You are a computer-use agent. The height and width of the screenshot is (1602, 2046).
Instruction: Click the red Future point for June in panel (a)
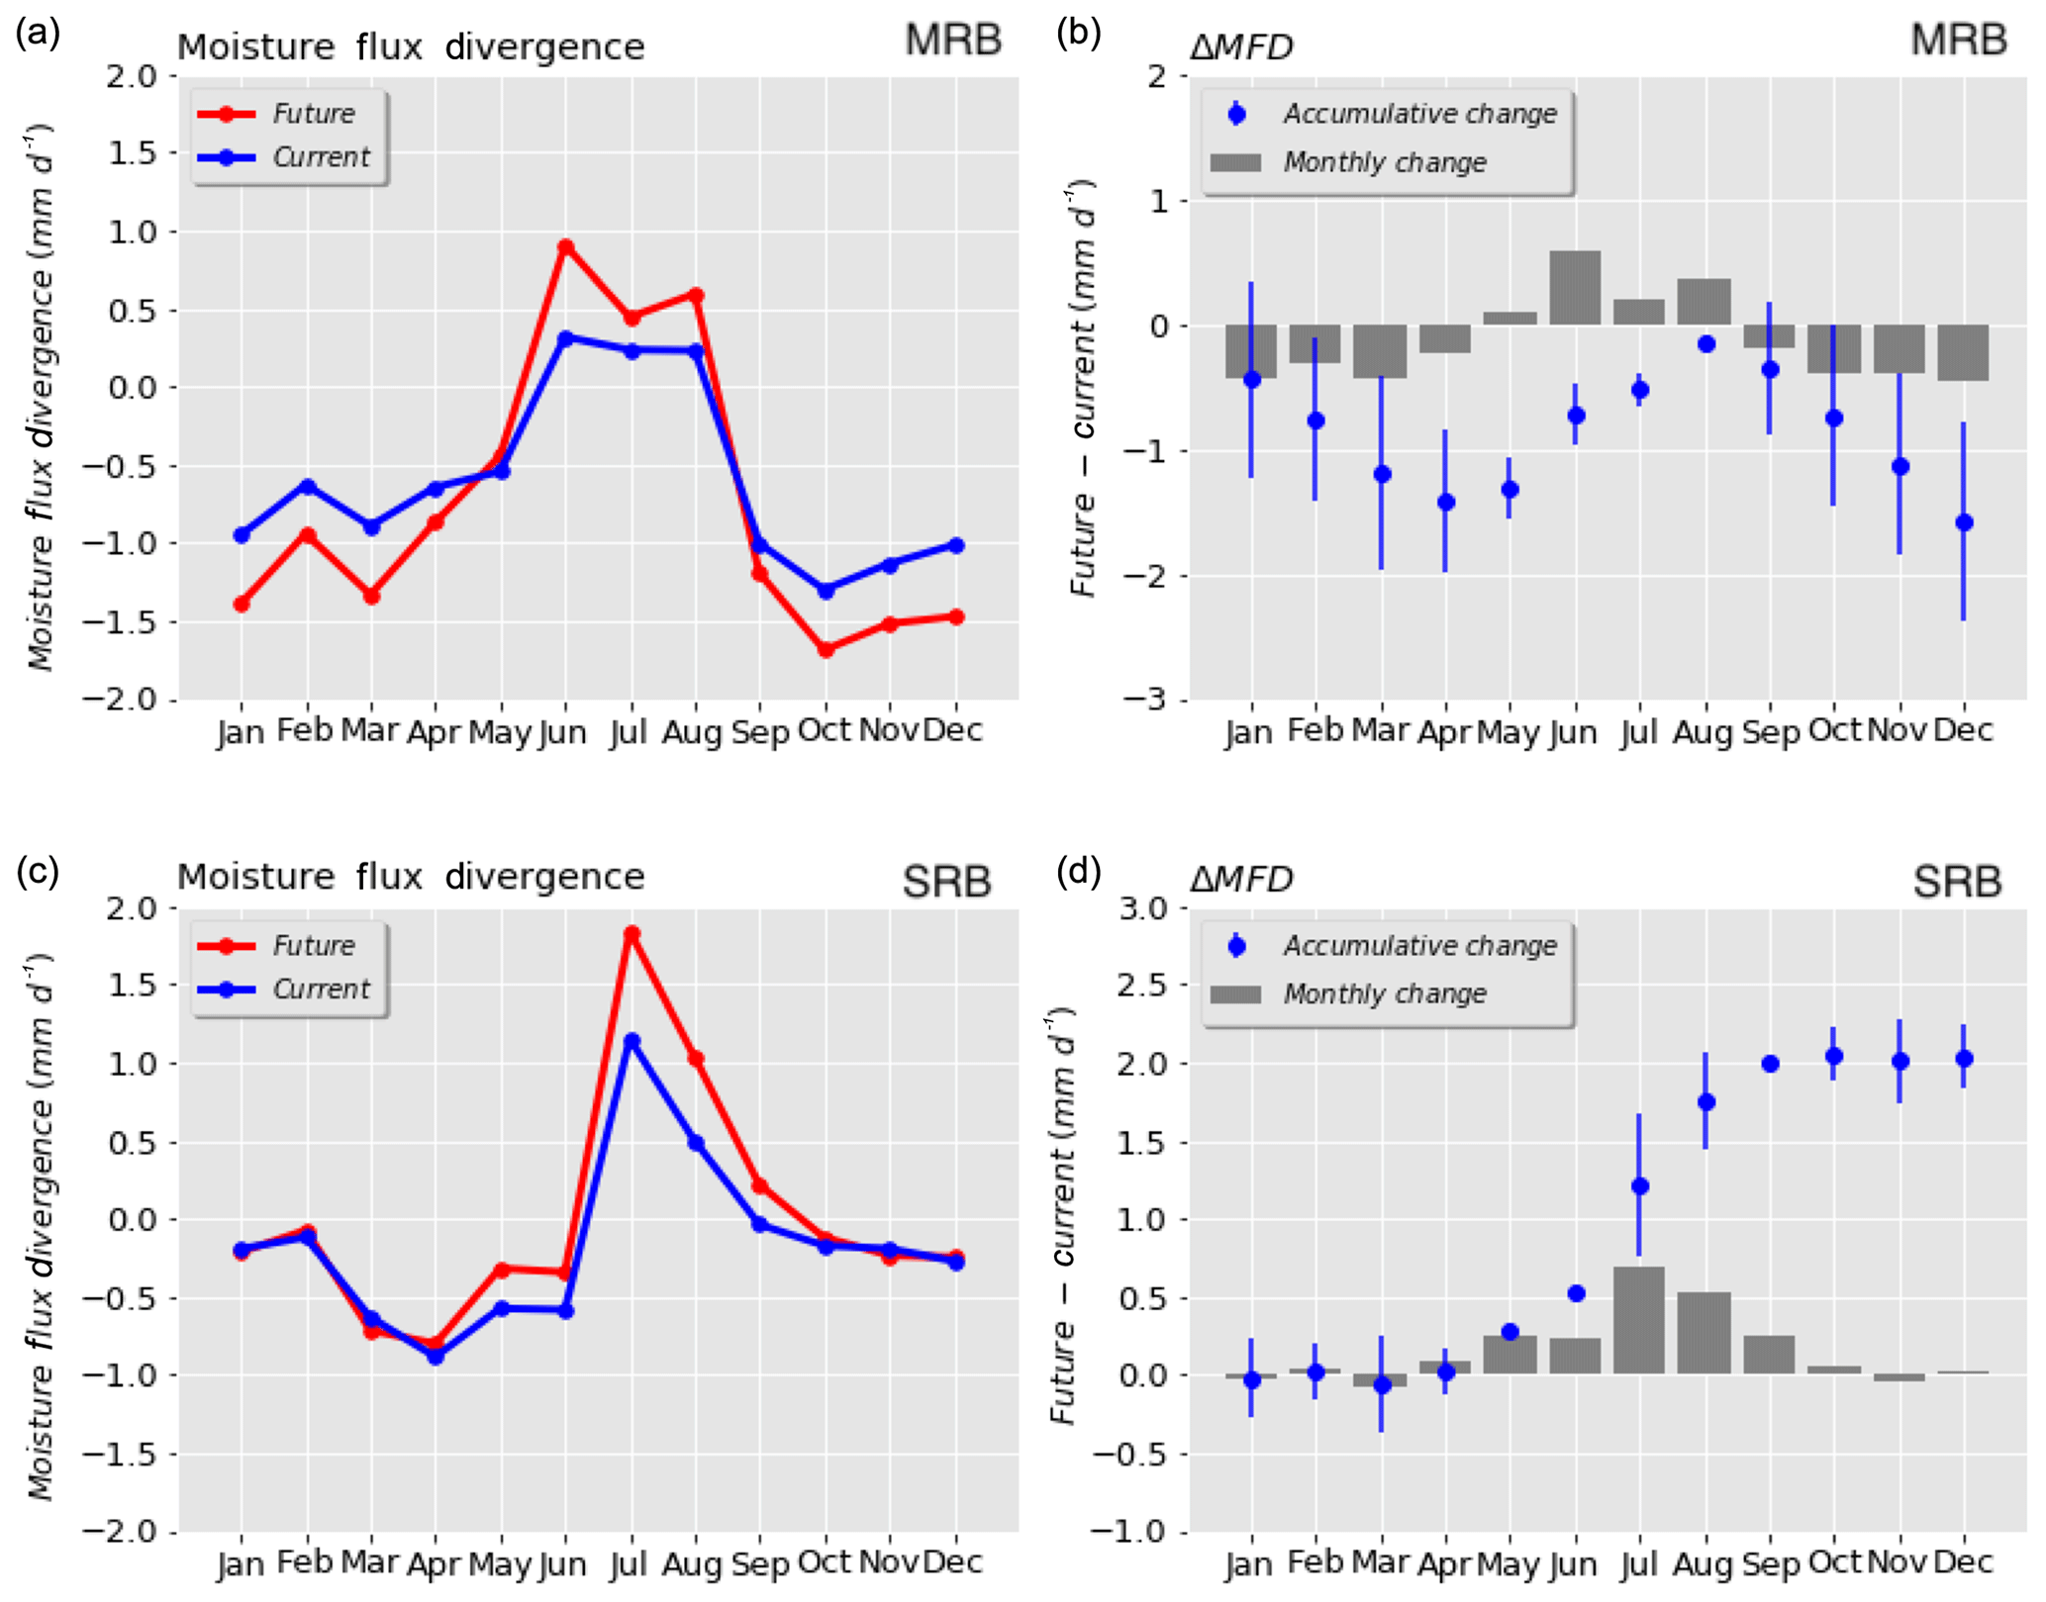pos(565,246)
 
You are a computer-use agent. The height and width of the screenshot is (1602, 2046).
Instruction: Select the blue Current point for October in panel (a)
pos(826,590)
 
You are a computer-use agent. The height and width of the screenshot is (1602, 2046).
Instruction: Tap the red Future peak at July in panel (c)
pos(632,933)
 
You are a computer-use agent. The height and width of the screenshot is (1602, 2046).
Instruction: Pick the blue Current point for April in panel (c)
pos(436,1356)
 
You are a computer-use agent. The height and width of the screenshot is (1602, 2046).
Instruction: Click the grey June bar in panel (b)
pos(1575,288)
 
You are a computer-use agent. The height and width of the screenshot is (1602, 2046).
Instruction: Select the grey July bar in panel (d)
pos(1639,1320)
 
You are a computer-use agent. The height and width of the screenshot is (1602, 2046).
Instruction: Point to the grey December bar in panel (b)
pos(1963,352)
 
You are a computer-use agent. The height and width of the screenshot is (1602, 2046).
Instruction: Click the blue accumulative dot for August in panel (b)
pos(1705,344)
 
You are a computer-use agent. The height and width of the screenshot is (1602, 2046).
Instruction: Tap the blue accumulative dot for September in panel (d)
pos(1771,1064)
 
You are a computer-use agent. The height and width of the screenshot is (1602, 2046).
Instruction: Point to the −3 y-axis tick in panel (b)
pos(1144,700)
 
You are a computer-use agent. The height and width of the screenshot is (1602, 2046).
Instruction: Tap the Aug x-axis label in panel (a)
pos(692,733)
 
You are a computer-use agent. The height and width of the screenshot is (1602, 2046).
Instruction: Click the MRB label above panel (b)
pos(1957,40)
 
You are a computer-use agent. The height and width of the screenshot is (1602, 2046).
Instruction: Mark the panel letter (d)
pos(1078,871)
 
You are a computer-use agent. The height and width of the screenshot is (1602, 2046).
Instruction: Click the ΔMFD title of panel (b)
pos(1241,47)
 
